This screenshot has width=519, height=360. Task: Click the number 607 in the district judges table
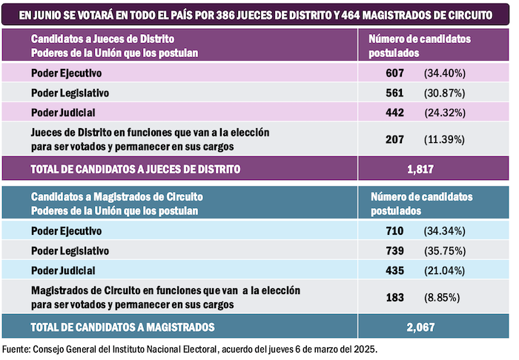tap(394, 73)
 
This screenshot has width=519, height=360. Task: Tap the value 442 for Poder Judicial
tap(394, 113)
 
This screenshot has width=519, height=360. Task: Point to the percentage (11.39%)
tap(444, 139)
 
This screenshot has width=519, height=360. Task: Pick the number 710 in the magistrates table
tap(394, 231)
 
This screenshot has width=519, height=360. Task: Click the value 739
tap(394, 250)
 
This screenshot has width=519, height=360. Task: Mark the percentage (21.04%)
tap(444, 270)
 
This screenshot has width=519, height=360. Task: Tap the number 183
tap(394, 297)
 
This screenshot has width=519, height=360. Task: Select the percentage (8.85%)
tap(442, 297)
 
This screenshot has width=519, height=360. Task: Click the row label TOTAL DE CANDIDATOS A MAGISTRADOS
tap(122, 326)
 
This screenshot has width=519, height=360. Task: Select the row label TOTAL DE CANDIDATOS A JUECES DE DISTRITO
tap(135, 169)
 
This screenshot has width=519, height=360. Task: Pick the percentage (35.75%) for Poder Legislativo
tap(444, 250)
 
